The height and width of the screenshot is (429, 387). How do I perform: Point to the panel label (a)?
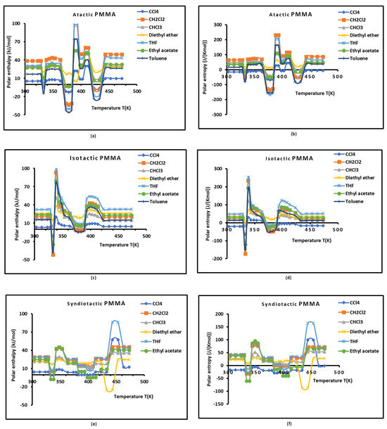tap(93, 134)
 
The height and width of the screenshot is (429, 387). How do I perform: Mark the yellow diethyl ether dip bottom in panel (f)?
tap(305, 388)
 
